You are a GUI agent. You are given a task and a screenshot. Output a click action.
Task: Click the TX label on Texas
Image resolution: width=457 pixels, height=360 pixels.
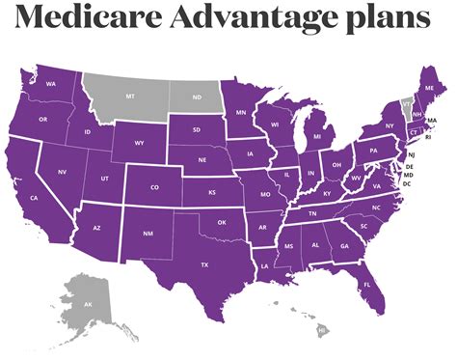click(x=204, y=263)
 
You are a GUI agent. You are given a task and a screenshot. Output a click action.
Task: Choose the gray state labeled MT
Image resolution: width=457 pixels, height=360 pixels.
click(x=129, y=97)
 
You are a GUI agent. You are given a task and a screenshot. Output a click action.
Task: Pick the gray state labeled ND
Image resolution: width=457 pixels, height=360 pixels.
click(x=198, y=97)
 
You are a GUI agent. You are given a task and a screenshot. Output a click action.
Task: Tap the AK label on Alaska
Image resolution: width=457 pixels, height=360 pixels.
click(x=88, y=303)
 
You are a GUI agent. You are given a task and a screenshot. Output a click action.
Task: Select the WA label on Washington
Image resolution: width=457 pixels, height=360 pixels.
click(x=50, y=85)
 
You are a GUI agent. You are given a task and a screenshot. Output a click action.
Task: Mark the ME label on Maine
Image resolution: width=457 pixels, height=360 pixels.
click(x=429, y=87)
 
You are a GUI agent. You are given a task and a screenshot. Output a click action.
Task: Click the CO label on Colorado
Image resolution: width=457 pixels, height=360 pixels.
click(x=154, y=187)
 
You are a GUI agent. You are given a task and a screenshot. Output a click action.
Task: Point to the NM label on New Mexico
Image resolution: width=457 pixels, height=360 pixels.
click(x=147, y=234)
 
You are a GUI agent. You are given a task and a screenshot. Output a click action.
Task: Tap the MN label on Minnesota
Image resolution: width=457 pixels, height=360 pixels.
click(x=241, y=112)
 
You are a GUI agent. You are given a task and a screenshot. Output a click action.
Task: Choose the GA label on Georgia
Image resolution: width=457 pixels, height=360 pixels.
click(x=344, y=246)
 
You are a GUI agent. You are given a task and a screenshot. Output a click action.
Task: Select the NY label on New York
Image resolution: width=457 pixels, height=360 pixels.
click(x=390, y=126)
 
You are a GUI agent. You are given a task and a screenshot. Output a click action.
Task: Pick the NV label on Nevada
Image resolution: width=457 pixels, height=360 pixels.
click(x=62, y=172)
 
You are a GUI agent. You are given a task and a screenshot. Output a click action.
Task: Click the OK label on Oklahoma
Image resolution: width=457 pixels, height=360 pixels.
click(x=221, y=222)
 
